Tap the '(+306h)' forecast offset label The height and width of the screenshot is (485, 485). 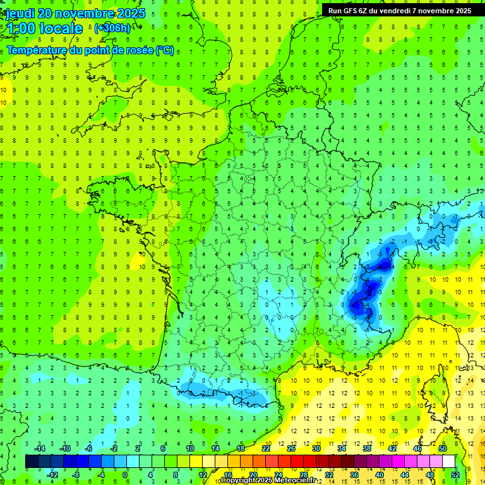point(112,28)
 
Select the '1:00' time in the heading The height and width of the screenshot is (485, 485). point(21,28)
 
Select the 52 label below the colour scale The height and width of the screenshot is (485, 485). point(455,475)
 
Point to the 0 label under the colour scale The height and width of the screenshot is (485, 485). point(124,475)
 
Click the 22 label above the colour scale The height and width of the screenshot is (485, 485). point(266,448)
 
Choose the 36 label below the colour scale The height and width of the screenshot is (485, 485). point(354,475)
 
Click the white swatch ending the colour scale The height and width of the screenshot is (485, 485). point(448,462)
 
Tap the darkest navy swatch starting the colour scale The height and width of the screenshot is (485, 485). point(32,462)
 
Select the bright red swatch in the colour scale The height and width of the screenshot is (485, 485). point(297,462)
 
